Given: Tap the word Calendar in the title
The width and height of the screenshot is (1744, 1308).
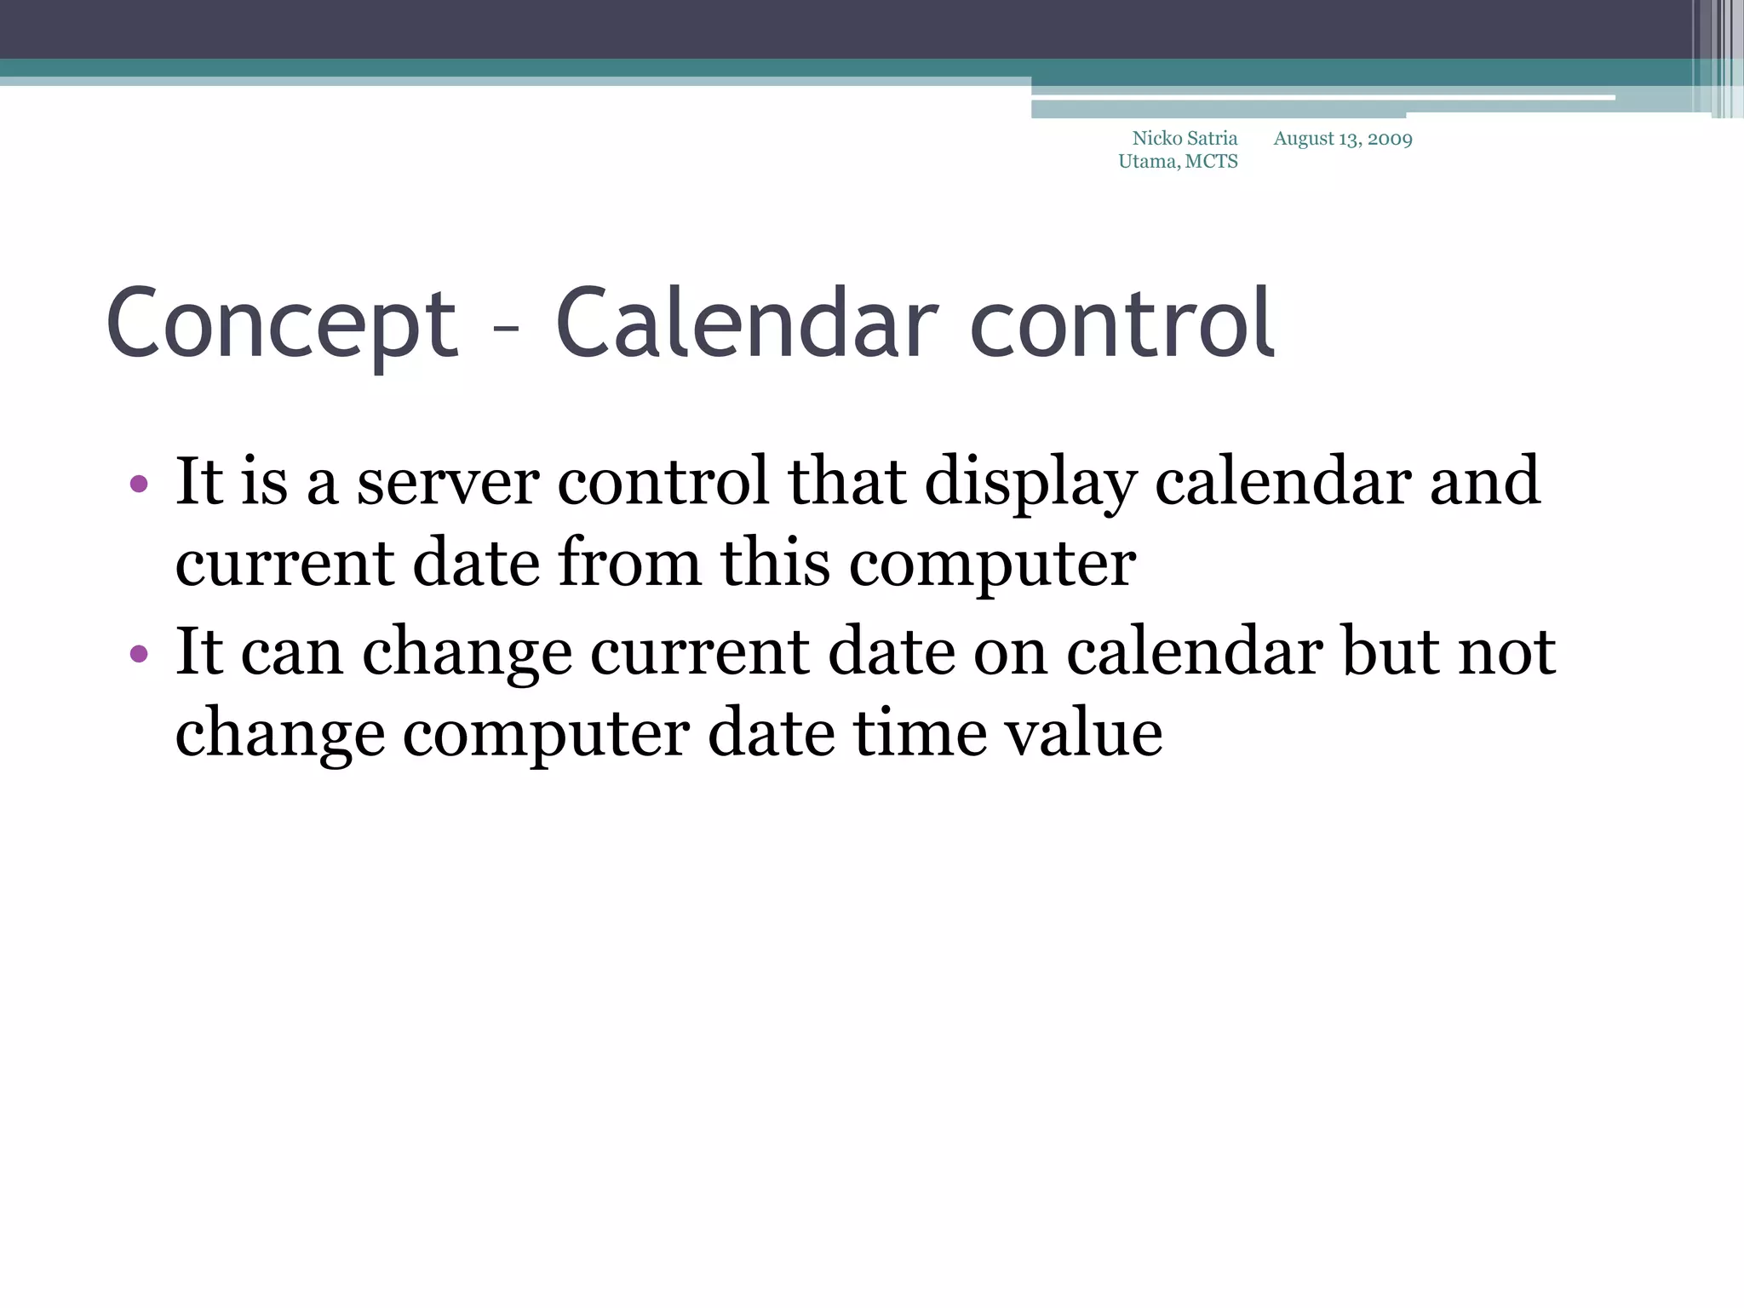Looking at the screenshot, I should tap(747, 324).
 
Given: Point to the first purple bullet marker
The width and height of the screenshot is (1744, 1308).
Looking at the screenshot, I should tap(139, 485).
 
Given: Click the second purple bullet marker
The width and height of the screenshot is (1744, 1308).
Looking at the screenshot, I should tap(139, 654).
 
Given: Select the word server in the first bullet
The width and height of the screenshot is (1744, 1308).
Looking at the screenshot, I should tap(447, 483).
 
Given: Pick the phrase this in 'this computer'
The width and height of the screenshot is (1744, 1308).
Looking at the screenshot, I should tap(775, 564).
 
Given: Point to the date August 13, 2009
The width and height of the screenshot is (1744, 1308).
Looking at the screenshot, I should tap(1342, 139).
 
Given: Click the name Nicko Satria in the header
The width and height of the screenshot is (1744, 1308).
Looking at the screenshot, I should tap(1184, 139).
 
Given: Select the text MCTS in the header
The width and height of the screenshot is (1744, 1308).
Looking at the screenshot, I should tap(1211, 162).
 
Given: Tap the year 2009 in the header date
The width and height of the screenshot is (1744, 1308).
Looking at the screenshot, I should tap(1390, 139).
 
